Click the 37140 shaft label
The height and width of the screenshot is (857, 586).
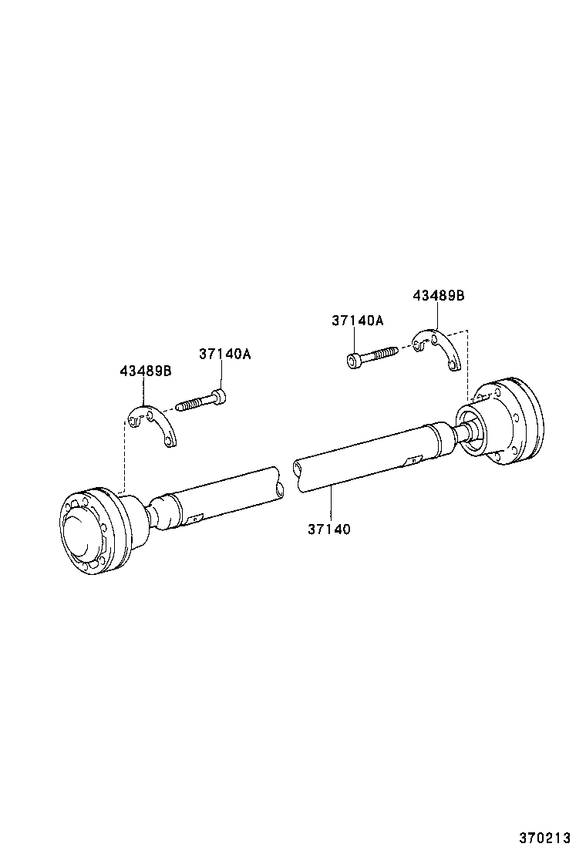coord(329,529)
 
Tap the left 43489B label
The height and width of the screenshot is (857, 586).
coord(145,371)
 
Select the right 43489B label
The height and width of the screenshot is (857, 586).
coord(439,295)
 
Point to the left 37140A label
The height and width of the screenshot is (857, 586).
coord(224,355)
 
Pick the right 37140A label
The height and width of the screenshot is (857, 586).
coord(357,320)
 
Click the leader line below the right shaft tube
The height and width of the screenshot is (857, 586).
coord(330,505)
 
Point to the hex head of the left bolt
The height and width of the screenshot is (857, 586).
coord(221,396)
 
